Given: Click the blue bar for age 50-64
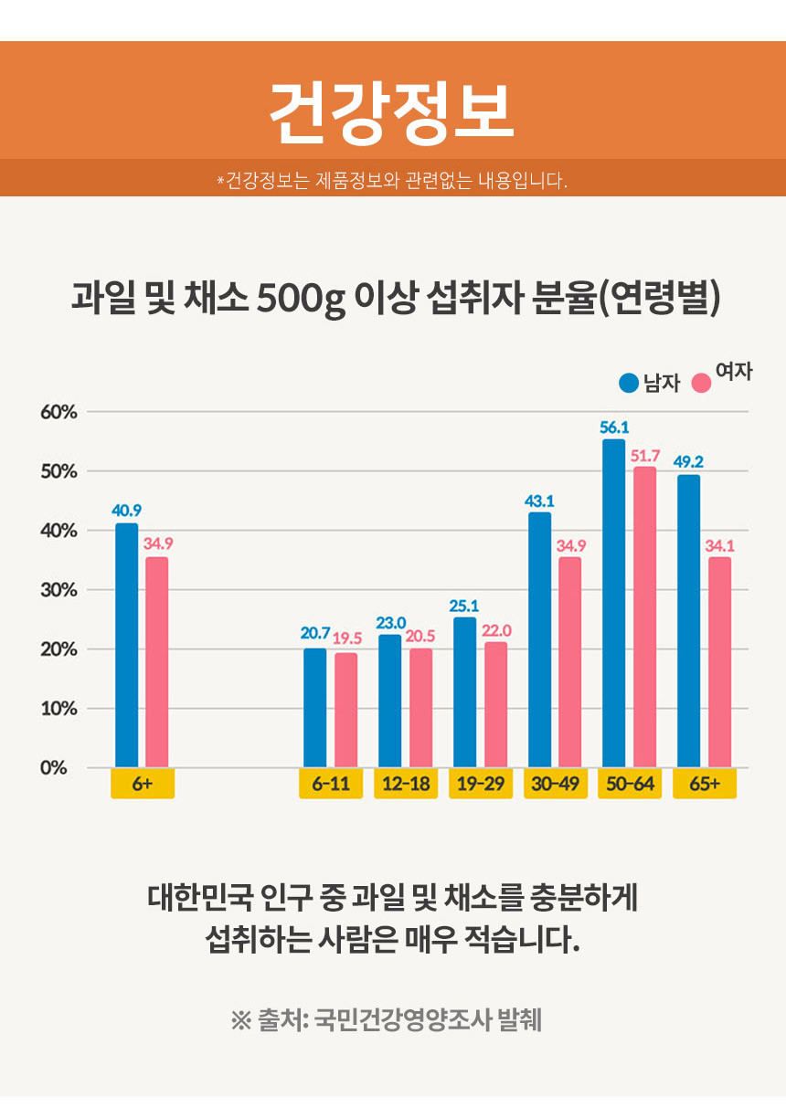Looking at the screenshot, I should coord(613,603).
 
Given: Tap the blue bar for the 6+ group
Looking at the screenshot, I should coord(126,645).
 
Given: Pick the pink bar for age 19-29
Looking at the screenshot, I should coord(495,704).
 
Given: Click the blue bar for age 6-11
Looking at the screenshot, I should coord(314,708).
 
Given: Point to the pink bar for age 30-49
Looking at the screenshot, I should coord(569,661).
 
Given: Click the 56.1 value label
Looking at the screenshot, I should coord(614,427).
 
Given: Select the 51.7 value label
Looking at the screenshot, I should coord(645,455).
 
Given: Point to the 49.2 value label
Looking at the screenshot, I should coord(688,461).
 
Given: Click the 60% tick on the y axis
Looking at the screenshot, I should coord(58,412).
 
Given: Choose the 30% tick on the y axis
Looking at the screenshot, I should coord(58,590).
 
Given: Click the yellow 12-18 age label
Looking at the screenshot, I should coord(406,784).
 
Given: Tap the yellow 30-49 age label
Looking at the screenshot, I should coord(556,784).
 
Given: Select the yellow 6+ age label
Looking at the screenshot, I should coord(143,784).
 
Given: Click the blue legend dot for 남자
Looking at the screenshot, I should coord(629,383).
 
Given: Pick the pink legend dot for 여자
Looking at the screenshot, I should coord(701,383).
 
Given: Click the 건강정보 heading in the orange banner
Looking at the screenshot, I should coord(392,112).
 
